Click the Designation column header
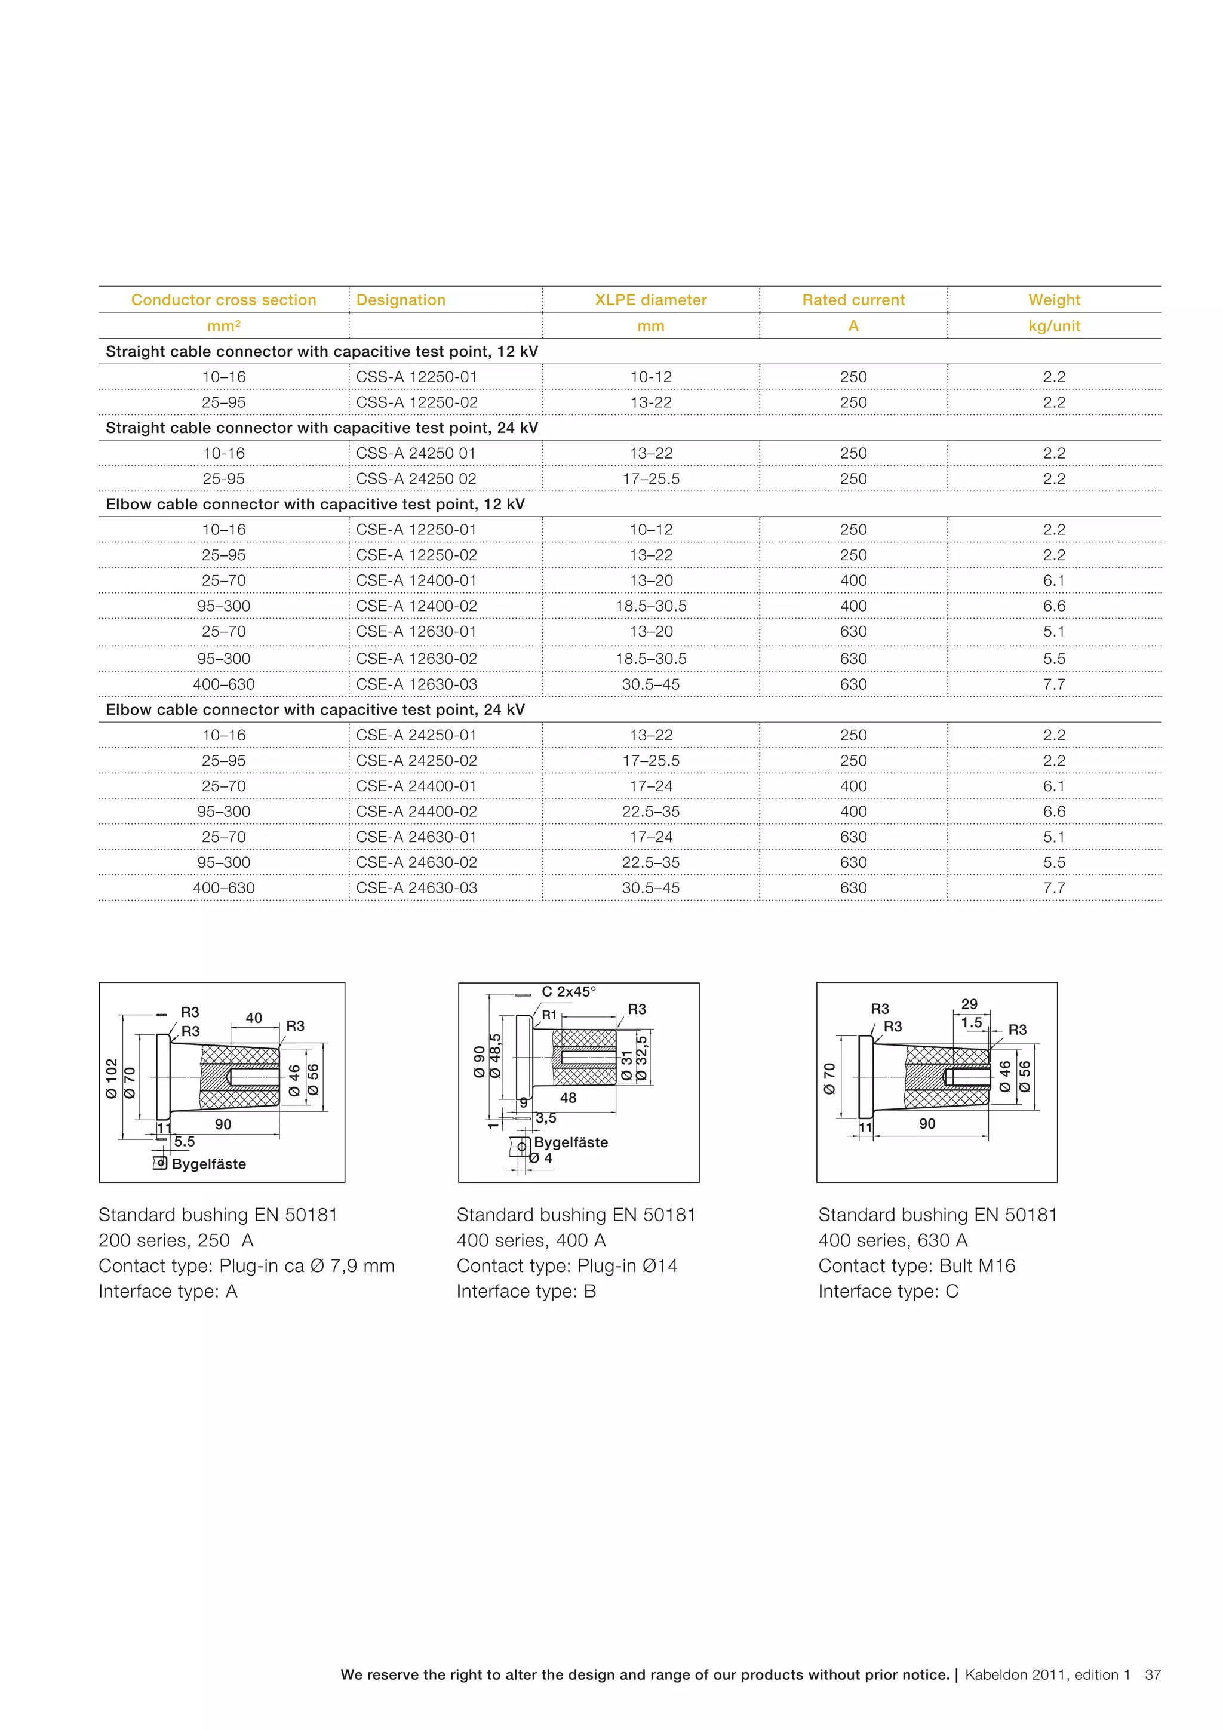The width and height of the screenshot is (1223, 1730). pyautogui.click(x=401, y=300)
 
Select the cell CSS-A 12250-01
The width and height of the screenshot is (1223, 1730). pyautogui.click(x=416, y=377)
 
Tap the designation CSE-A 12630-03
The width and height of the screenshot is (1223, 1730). pyautogui.click(x=416, y=684)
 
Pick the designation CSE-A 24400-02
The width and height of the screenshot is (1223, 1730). pyautogui.click(x=416, y=812)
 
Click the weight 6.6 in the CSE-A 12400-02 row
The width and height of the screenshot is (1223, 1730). pyautogui.click(x=1053, y=606)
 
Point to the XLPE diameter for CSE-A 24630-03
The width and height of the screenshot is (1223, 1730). pyautogui.click(x=650, y=887)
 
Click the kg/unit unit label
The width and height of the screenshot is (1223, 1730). pyautogui.click(x=1053, y=326)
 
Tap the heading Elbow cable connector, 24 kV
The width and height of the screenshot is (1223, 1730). pyautogui.click(x=315, y=710)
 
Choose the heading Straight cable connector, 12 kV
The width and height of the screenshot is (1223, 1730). pyautogui.click(x=322, y=352)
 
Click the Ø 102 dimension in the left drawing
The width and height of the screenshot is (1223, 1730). pyautogui.click(x=112, y=1078)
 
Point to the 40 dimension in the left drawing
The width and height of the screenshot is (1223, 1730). pyautogui.click(x=254, y=1018)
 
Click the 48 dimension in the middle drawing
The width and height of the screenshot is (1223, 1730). pyautogui.click(x=568, y=1098)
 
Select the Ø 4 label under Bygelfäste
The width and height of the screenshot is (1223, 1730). pyautogui.click(x=541, y=1158)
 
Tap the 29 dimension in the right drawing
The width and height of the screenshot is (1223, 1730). pyautogui.click(x=969, y=1004)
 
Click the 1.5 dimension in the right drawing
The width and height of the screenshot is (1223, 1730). pyautogui.click(x=972, y=1022)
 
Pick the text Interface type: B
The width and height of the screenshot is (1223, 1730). pyautogui.click(x=526, y=1292)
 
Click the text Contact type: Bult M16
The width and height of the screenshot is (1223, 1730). pyautogui.click(x=916, y=1266)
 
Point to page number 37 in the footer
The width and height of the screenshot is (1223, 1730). pyautogui.click(x=1152, y=1675)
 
